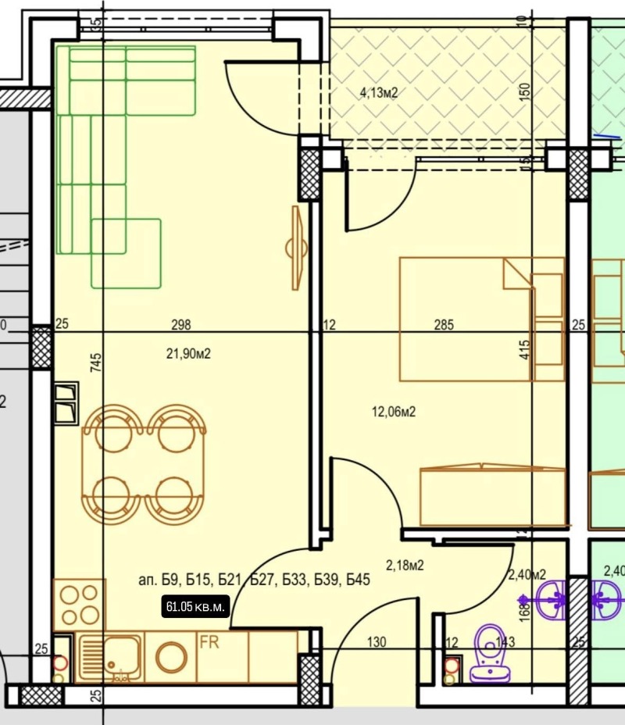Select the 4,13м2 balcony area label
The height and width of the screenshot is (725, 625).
coord(379,93)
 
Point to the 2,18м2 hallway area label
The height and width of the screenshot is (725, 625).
coord(405,565)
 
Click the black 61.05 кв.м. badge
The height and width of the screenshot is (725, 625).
coord(195,606)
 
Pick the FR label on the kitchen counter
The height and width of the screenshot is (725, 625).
coord(209,641)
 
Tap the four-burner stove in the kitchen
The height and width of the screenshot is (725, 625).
coord(78,604)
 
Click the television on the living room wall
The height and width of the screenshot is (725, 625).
coord(297,248)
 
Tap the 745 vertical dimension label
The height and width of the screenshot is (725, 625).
coord(96,365)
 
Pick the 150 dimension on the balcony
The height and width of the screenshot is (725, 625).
coord(525,92)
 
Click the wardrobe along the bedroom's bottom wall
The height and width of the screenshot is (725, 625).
coord(492,496)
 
